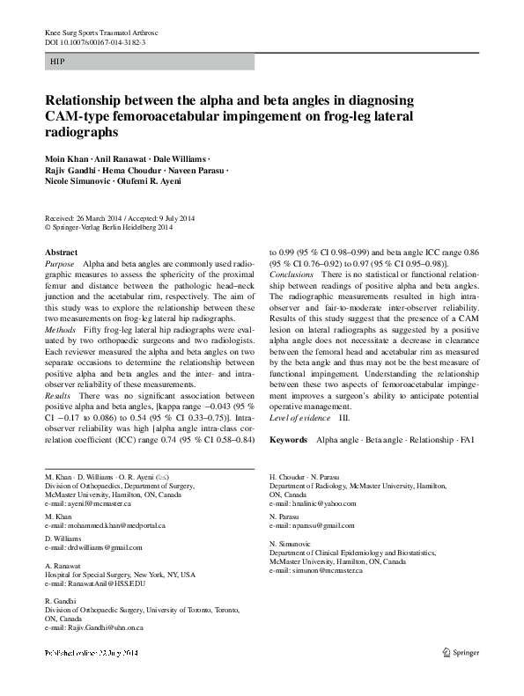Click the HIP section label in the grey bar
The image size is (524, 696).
coord(57,63)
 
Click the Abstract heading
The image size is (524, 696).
coord(61,253)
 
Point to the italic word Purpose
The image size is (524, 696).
coord(59,264)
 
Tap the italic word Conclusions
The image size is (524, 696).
coord(291,275)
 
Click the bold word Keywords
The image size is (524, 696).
coord(288,438)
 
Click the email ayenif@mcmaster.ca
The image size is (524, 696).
coord(87,504)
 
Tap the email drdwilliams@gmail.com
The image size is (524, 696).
coord(92,546)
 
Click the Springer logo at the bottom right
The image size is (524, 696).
coord(462,652)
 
